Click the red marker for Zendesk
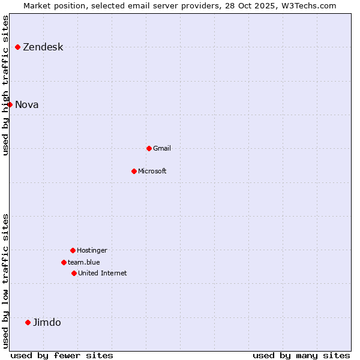[17, 47]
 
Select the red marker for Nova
[10, 104]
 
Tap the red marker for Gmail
[149, 148]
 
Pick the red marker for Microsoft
[134, 171]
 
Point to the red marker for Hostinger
[73, 250]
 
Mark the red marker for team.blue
[64, 262]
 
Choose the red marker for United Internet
[74, 273]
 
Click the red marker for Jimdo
[28, 322]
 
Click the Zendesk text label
[43, 47]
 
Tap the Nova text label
[27, 105]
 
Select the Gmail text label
[162, 148]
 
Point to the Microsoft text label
[152, 171]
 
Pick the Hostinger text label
[92, 250]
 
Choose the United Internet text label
[103, 273]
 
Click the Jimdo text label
[47, 323]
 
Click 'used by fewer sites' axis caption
[62, 355]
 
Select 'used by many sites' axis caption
[301, 355]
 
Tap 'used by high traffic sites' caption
[6, 85]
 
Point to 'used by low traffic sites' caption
[6, 281]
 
